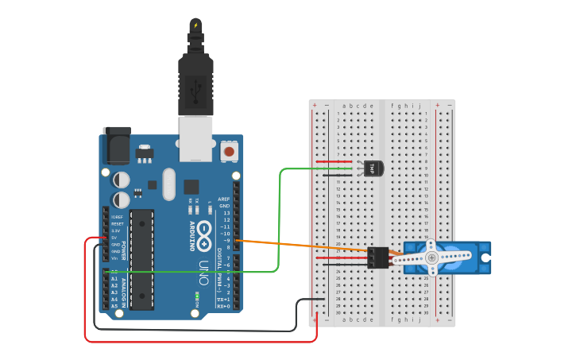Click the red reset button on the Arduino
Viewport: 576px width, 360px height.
click(x=230, y=149)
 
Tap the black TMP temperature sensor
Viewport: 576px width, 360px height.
click(x=373, y=168)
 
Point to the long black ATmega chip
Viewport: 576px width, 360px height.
click(x=142, y=259)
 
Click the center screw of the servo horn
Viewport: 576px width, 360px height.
click(x=431, y=257)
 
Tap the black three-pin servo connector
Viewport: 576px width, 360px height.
click(x=378, y=257)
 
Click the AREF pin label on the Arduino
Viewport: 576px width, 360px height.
click(x=224, y=199)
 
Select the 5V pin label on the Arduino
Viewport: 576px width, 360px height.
click(x=114, y=238)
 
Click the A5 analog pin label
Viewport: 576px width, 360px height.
click(x=114, y=306)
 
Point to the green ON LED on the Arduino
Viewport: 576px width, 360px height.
click(x=195, y=295)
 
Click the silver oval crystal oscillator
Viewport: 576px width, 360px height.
click(x=168, y=184)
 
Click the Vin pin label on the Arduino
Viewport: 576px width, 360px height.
click(x=114, y=258)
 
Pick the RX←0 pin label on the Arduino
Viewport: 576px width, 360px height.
click(x=223, y=306)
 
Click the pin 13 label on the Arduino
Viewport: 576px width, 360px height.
click(x=226, y=213)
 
